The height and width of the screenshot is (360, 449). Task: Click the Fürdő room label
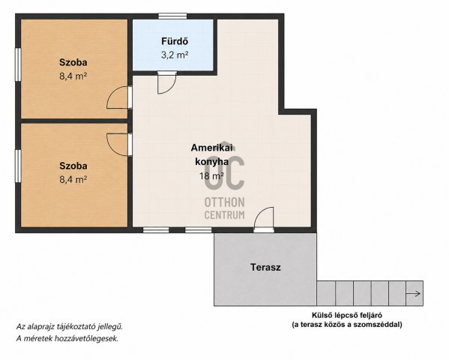175,41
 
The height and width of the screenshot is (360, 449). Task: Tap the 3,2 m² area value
175,55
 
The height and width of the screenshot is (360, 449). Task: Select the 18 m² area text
211,175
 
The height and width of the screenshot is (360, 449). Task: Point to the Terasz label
265,267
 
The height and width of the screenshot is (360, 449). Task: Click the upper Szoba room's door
119,97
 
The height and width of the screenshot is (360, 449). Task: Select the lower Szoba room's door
119,145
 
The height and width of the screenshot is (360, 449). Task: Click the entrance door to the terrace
264,220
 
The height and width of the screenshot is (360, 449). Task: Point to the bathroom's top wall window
172,16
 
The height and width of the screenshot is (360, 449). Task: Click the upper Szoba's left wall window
18,64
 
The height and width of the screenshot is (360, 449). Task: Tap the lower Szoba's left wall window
18,166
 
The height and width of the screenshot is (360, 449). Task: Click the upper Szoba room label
73,62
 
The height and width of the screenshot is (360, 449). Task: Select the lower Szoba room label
73,166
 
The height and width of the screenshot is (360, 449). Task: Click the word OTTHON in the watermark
225,202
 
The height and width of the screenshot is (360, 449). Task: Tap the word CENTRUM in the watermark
225,214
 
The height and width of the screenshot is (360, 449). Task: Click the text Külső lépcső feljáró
347,315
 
